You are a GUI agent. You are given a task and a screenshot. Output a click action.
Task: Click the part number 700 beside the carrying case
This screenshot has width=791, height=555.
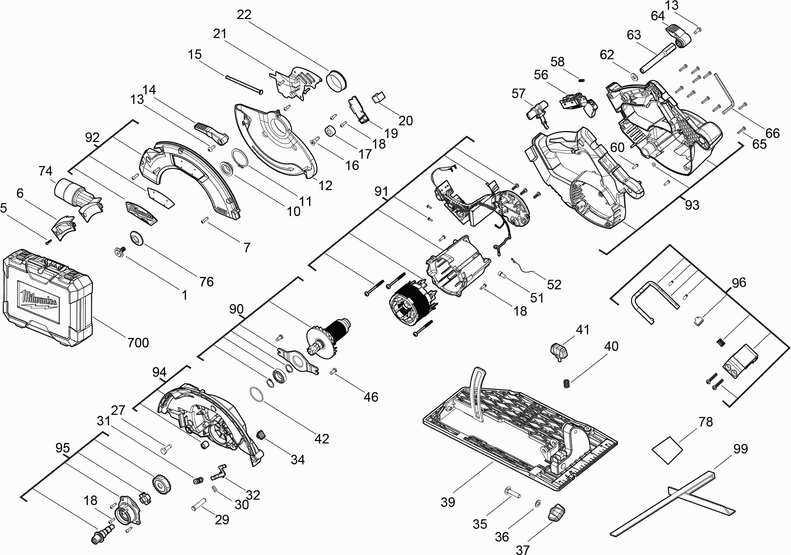[138, 343]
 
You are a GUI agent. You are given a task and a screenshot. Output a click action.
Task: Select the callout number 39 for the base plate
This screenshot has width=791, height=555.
[448, 502]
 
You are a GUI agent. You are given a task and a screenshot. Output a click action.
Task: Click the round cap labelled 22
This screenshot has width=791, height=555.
[337, 81]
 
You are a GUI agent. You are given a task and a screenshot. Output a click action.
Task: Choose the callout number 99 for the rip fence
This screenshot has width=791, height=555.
[741, 449]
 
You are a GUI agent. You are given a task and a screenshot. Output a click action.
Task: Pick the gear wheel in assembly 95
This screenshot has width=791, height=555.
[162, 485]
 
